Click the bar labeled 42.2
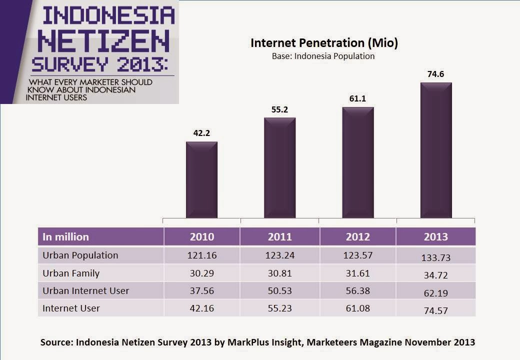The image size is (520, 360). coord(201,180)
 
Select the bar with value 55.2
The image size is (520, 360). coord(279,168)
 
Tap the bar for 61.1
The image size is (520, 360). coord(357,162)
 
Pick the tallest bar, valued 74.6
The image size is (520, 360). coord(436,150)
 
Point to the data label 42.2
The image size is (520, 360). coord(201,133)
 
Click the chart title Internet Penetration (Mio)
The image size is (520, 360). coord(324,43)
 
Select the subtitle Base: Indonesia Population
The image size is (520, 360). coord(323,56)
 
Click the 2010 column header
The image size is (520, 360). coord(201,237)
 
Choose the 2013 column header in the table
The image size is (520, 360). coord(435,237)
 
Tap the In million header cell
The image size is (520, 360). coord(65,237)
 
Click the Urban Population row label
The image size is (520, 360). coord(80,255)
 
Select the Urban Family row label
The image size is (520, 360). coord(71,273)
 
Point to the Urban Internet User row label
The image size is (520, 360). coord(86,290)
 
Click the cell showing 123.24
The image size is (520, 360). coord(279,255)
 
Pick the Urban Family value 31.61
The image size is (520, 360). coord(357,273)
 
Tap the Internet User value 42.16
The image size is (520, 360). coord(201,308)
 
